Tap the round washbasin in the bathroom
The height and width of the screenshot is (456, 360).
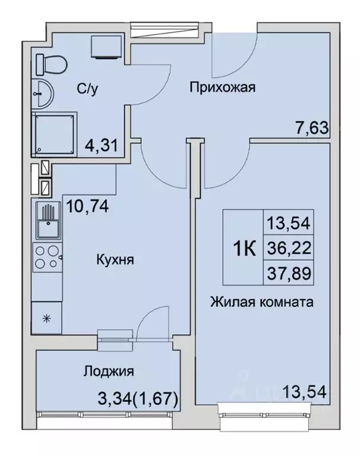pos(42,92)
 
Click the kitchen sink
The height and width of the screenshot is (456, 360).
pos(46,221)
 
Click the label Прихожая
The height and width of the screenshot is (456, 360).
pos(222,89)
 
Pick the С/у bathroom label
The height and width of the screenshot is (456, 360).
pos(87,89)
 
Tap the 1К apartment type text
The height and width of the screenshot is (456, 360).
pos(244,248)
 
